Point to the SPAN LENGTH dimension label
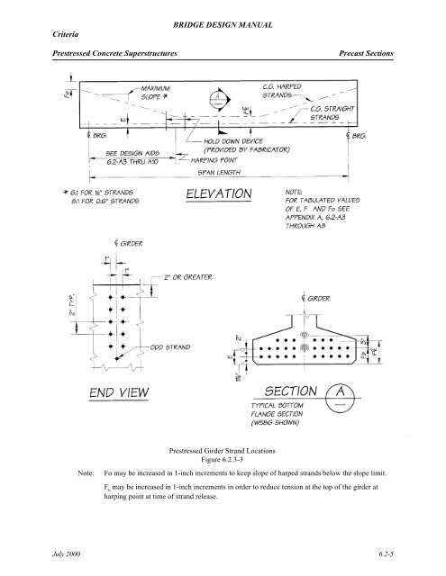pyautogui.click(x=225, y=171)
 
